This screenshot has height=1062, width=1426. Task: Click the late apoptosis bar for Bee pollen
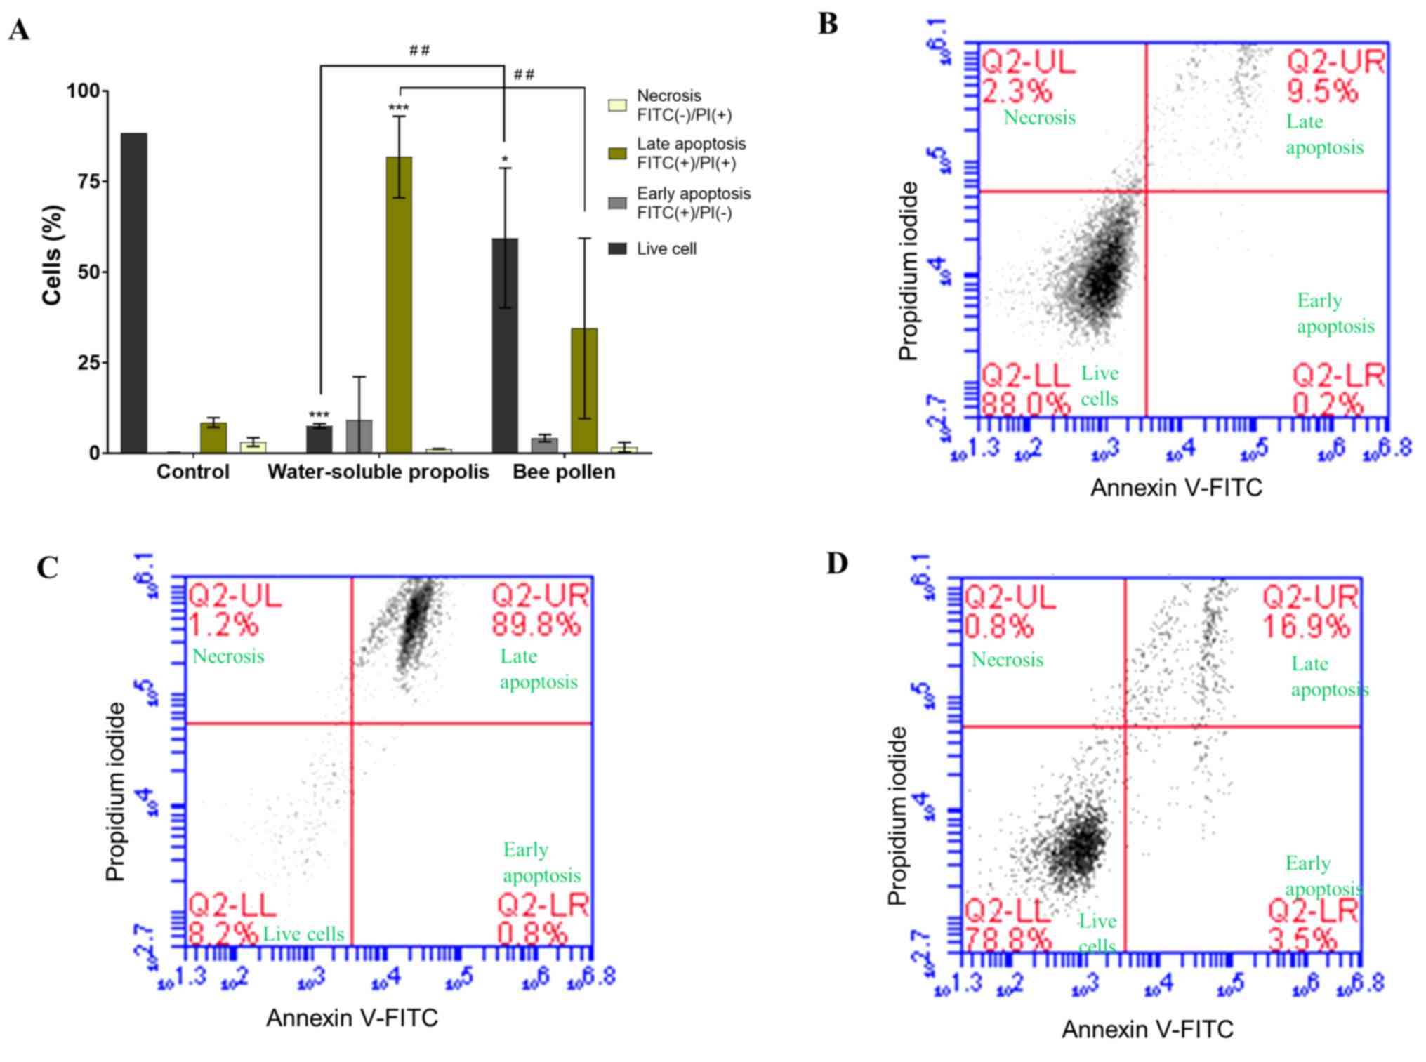click(583, 390)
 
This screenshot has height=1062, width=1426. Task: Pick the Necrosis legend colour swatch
click(617, 106)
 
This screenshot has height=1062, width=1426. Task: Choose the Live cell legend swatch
click(617, 248)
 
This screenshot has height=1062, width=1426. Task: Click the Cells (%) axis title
click(53, 255)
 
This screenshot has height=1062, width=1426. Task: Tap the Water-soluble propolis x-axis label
click(378, 472)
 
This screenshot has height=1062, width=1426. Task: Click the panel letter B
click(828, 24)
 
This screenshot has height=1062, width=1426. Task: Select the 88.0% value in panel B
click(1026, 404)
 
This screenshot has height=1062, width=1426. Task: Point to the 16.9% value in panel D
click(1306, 627)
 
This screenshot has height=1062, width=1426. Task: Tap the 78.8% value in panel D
click(1008, 940)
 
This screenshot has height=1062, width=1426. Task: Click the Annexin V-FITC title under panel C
click(352, 1018)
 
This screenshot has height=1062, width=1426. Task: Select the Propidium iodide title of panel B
click(908, 271)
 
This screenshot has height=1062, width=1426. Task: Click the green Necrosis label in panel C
click(228, 656)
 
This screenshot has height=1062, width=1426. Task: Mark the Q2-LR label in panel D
click(1313, 911)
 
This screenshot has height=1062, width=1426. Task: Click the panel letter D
click(837, 564)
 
